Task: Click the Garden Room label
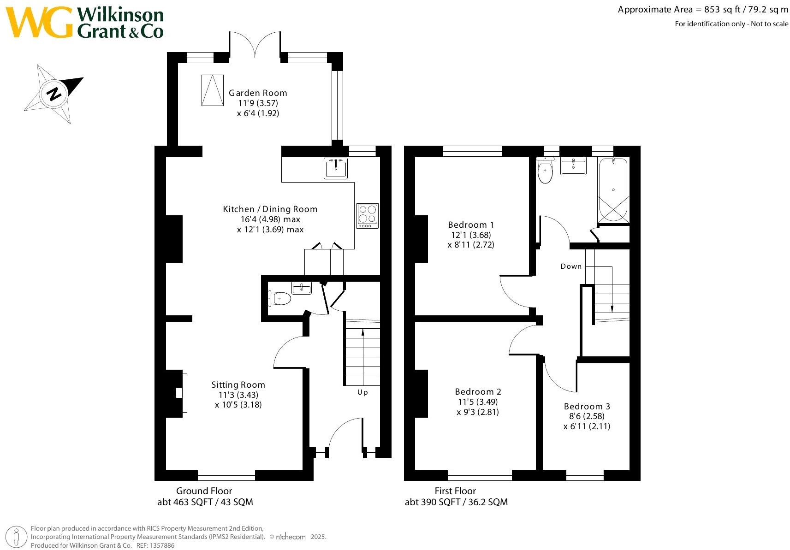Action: (258, 93)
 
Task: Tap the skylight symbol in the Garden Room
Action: (212, 90)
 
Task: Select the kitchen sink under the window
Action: (336, 168)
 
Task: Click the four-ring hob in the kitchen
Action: (368, 215)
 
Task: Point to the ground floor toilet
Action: (280, 299)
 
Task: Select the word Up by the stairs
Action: (362, 392)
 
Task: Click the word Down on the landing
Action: (571, 266)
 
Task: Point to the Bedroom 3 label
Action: (587, 406)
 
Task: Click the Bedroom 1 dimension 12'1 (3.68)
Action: (471, 235)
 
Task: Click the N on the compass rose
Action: (54, 94)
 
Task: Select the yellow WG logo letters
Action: (39, 23)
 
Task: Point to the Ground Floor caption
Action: (204, 491)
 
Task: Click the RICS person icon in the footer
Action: (17, 537)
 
